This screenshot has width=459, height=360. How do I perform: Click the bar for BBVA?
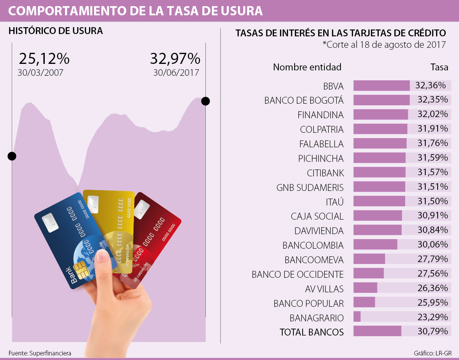[x=381, y=85]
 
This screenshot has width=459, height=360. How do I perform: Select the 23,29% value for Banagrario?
[x=433, y=317]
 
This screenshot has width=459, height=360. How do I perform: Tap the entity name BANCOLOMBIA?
[x=313, y=245]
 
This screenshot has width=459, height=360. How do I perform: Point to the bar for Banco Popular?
[x=364, y=302]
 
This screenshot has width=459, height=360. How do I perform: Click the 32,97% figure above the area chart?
[x=175, y=59]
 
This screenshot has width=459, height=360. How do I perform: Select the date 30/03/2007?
[x=41, y=72]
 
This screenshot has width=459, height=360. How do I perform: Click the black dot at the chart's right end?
[x=205, y=101]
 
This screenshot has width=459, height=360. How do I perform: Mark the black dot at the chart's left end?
[x=12, y=156]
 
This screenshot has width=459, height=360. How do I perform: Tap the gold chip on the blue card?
[x=82, y=271]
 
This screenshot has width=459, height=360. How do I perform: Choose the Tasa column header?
[x=439, y=67]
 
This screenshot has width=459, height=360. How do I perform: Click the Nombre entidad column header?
[x=307, y=67]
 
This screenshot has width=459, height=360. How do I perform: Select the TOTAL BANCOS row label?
[x=312, y=332]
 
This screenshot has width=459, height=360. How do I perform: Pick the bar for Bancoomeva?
[x=369, y=259]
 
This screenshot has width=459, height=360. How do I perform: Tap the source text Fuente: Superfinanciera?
[x=40, y=353]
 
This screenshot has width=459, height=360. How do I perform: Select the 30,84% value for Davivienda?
[x=433, y=230]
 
